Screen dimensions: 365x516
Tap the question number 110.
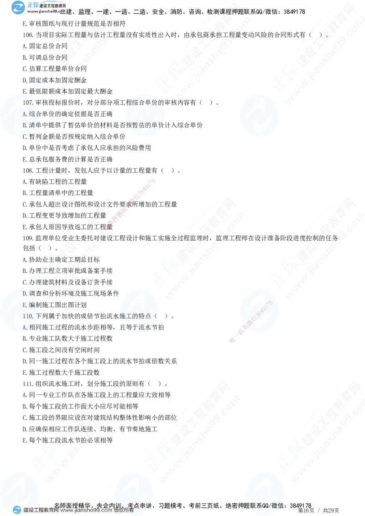tap(28, 316)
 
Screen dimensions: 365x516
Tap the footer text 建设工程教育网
tap(41, 511)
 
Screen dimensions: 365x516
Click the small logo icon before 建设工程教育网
tap(17, 510)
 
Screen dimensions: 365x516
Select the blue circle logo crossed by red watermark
tap(258, 310)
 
